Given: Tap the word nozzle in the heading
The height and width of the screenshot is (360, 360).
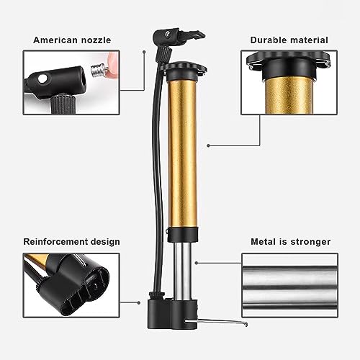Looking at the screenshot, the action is point(96,40).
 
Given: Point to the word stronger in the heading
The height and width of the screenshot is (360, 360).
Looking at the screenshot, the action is point(310,242).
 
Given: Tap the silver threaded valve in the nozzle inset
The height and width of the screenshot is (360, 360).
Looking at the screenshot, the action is point(99,70).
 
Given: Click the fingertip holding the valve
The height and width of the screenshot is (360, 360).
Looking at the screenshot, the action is point(113,65).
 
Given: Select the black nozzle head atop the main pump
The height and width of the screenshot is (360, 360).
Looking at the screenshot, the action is point(178,37).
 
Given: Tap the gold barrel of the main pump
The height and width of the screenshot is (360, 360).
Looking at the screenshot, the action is point(183,153).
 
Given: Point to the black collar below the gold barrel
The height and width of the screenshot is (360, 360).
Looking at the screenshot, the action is point(183,235).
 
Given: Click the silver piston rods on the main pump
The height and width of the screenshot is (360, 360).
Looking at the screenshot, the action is point(183,271).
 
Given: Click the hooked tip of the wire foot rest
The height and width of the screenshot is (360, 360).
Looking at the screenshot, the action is point(246,324).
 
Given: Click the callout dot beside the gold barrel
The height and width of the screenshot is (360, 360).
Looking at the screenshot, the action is point(208,145).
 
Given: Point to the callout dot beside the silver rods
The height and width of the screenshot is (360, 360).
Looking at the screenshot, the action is point(197,263).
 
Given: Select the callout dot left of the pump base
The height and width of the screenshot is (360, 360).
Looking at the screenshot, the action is point(139,303).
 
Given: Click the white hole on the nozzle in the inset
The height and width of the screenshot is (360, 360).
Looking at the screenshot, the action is point(43,78).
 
